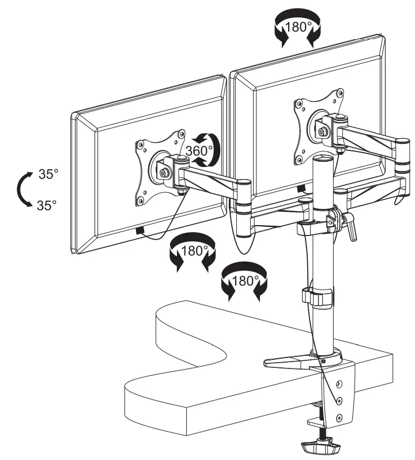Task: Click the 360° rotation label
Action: click(x=199, y=151)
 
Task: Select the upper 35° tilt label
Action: click(x=48, y=174)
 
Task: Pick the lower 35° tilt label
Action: click(x=47, y=205)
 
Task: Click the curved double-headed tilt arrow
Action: click(x=18, y=189)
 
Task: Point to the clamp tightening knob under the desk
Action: click(x=320, y=446)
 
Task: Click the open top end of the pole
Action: click(x=323, y=159)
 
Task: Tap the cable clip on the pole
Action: click(x=318, y=298)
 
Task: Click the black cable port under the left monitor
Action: click(x=140, y=231)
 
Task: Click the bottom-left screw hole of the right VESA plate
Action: click(x=300, y=159)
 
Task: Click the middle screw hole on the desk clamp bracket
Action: click(x=339, y=400)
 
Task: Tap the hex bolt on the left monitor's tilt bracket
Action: click(x=163, y=173)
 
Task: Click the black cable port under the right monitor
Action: click(x=301, y=189)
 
